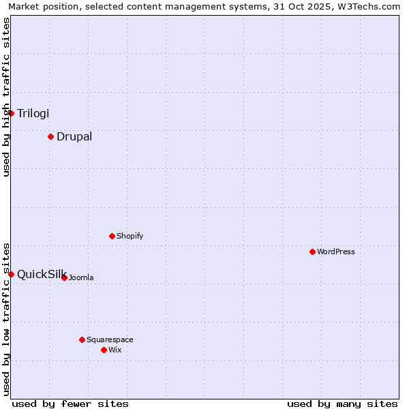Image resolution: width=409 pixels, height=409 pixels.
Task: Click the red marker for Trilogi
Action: tap(12, 113)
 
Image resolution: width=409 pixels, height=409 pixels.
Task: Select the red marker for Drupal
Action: tap(50, 136)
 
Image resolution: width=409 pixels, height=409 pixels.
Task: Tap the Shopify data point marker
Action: tap(112, 236)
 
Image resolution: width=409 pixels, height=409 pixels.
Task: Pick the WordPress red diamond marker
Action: tap(312, 252)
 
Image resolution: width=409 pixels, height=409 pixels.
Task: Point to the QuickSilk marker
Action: tap(12, 274)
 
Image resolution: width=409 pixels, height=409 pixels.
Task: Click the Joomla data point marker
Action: tap(64, 277)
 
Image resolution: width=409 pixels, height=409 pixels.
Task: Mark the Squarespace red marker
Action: tap(82, 339)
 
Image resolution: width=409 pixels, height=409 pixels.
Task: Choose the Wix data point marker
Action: tap(104, 350)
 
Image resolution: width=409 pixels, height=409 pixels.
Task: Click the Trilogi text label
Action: tap(33, 113)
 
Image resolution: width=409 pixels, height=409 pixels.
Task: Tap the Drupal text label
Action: tap(74, 136)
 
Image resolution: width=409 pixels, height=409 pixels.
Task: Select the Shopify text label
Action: tap(130, 236)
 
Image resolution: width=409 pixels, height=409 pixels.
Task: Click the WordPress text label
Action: tap(336, 252)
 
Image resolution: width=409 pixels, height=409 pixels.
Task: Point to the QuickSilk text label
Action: tap(42, 274)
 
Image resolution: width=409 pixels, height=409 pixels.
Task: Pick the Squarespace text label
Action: tap(110, 339)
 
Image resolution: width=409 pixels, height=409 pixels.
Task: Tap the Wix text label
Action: tap(115, 350)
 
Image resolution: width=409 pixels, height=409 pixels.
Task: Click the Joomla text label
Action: tap(81, 277)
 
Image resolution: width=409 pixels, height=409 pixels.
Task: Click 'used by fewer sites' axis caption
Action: tap(70, 404)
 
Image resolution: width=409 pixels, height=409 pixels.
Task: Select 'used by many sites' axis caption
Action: tap(342, 404)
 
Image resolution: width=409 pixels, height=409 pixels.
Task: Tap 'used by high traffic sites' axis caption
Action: tap(6, 97)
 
